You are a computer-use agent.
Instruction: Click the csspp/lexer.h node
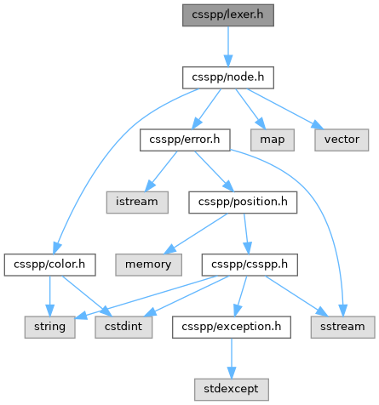[228, 15]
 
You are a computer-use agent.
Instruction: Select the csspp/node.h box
[228, 77]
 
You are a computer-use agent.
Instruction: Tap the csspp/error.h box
[185, 140]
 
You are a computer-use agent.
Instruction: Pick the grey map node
[273, 140]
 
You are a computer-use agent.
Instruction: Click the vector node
[342, 140]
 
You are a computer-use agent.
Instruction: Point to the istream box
[137, 202]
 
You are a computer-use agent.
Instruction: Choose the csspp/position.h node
[243, 202]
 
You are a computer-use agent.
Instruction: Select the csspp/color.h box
[49, 265]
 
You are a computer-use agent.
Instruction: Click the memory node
[148, 265]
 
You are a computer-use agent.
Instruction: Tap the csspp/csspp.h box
[250, 265]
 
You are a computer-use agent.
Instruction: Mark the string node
[49, 327]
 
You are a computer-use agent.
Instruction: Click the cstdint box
[123, 327]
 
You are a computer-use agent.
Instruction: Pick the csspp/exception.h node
[232, 327]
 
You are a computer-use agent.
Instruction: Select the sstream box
[342, 327]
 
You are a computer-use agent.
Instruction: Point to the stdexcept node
[232, 390]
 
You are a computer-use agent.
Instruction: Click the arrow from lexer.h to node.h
[228, 47]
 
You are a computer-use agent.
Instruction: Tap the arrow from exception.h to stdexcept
[232, 358]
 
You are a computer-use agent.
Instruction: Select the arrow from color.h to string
[49, 296]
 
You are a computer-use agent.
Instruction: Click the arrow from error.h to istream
[161, 171]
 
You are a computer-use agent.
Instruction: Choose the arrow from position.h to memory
[196, 233]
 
